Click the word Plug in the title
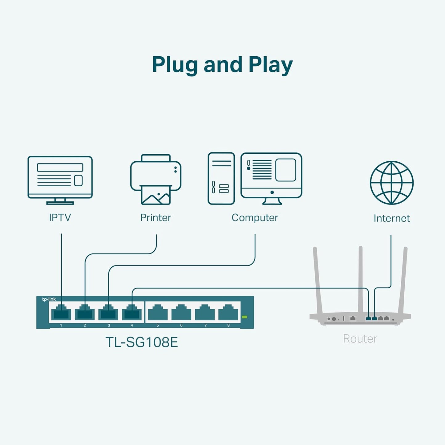(175, 65)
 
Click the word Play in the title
(270, 65)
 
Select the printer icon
(156, 179)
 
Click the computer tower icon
(221, 178)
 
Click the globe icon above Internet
(391, 183)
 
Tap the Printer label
(156, 218)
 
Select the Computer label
(255, 218)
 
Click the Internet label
(391, 218)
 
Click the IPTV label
(60, 218)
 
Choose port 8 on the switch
(228, 313)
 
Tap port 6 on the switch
(181, 313)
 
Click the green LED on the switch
(245, 317)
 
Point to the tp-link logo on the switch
(49, 299)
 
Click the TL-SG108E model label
(142, 342)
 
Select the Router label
(360, 339)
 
